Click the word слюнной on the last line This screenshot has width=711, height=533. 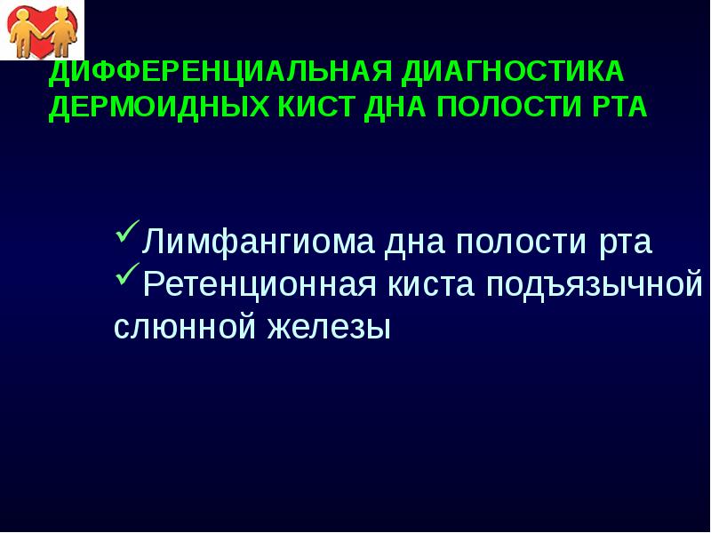tap(178, 328)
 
